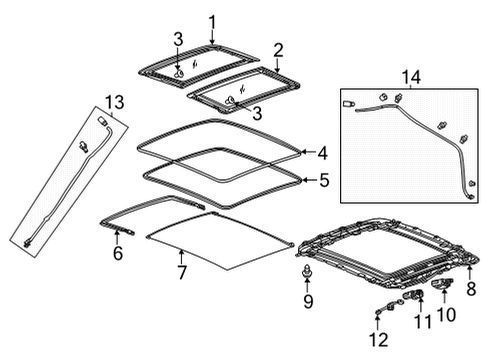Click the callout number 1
coord(212,22)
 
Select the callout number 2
coord(279,49)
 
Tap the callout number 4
coord(322,153)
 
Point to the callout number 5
coord(322,182)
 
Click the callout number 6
coord(117,255)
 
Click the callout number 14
coord(406,75)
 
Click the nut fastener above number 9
coord(308,272)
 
